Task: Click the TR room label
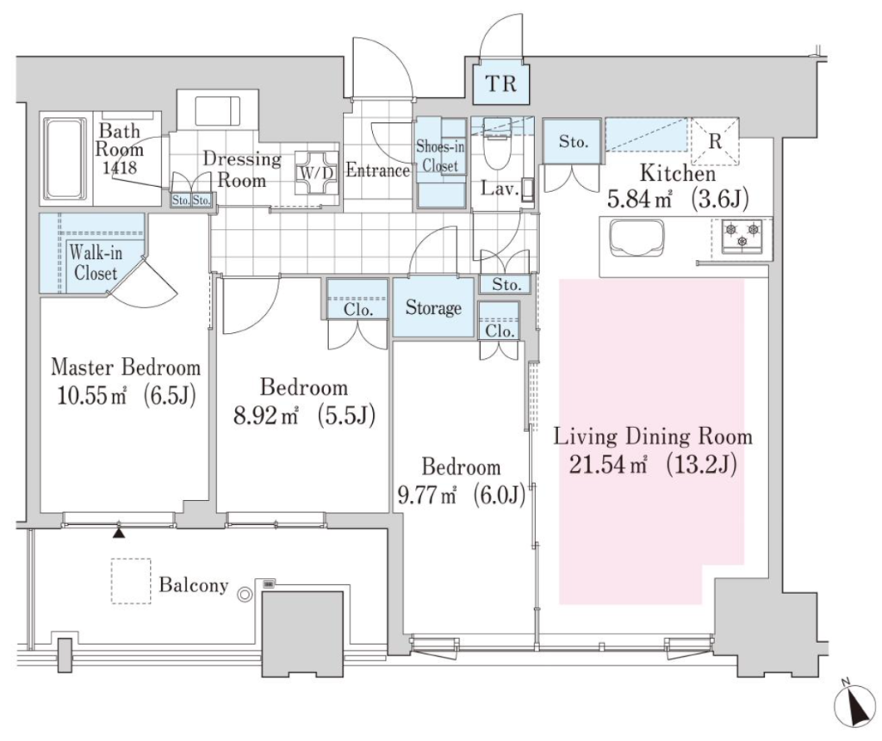[x=500, y=83]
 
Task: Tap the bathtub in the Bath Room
[x=65, y=158]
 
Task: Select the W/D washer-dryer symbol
[x=317, y=172]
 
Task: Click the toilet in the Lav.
[x=495, y=145]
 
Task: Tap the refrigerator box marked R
[x=714, y=141]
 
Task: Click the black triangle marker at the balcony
[x=118, y=531]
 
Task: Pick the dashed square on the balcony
[x=131, y=581]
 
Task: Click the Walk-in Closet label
[x=95, y=262]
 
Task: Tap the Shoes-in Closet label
[x=440, y=157]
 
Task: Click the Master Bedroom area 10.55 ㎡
[x=91, y=396]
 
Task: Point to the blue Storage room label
[x=433, y=308]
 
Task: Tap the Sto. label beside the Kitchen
[x=573, y=142]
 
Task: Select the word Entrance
[x=377, y=170]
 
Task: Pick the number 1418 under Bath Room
[x=120, y=167]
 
